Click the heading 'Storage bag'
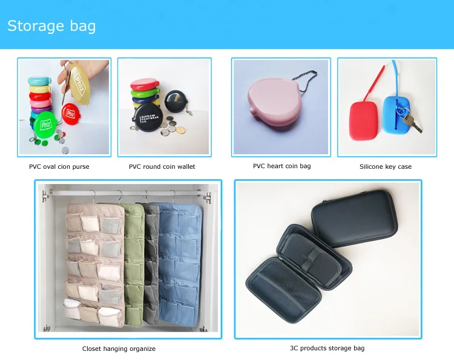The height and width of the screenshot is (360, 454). click(51, 27)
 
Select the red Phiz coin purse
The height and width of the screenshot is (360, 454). click(68, 113)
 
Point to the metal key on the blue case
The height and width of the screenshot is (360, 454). click(413, 123)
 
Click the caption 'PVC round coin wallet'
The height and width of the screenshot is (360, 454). click(162, 166)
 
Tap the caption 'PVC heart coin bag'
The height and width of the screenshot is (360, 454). click(281, 166)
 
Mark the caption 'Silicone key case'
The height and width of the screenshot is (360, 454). click(386, 166)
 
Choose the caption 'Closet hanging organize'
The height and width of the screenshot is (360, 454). click(119, 349)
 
